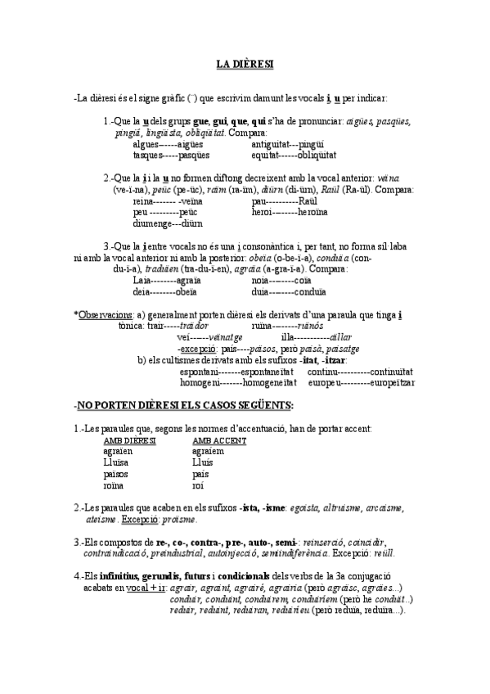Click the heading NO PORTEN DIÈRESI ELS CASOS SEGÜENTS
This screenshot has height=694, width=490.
(x=185, y=406)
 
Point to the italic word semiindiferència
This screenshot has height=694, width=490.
(x=307, y=552)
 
